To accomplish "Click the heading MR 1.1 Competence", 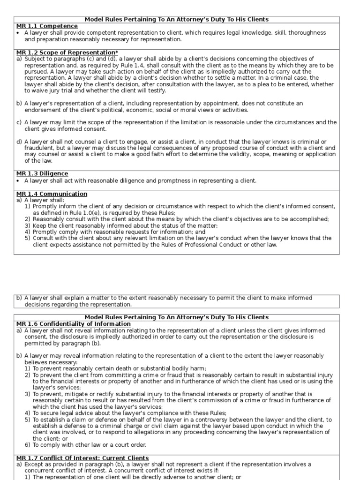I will coord(47,26).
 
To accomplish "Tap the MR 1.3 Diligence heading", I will coord(42,173).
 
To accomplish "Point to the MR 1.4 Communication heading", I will coord(52,194).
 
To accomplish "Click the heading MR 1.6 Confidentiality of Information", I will coord(74,324).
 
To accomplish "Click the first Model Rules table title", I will coord(176,19).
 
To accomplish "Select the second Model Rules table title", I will coord(176,317).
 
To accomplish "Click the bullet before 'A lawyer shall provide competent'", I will coord(18,33).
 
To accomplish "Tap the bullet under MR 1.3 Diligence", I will coord(18,181).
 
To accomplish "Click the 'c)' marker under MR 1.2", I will coord(19,122).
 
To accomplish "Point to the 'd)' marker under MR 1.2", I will coord(19,142).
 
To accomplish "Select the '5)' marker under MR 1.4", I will coord(28,238).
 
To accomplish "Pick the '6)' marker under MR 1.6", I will coord(28,445).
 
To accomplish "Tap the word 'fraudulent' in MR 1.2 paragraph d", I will coord(39,148).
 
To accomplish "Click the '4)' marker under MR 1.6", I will coord(28,413).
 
